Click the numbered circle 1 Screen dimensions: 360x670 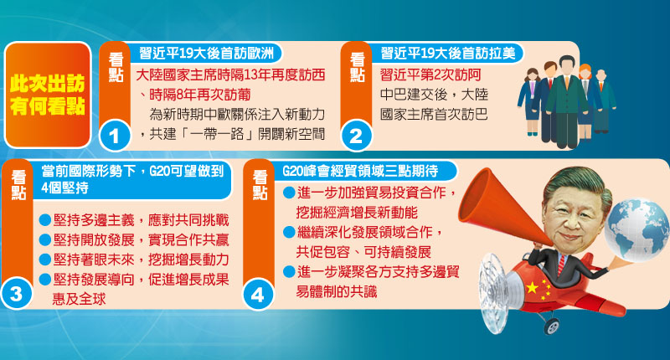click(115, 134)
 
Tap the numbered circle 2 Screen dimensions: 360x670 click(357, 134)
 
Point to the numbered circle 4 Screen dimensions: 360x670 click(258, 294)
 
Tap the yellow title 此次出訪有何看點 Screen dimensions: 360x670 click(47, 95)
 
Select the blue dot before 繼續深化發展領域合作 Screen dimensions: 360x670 click(288, 231)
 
